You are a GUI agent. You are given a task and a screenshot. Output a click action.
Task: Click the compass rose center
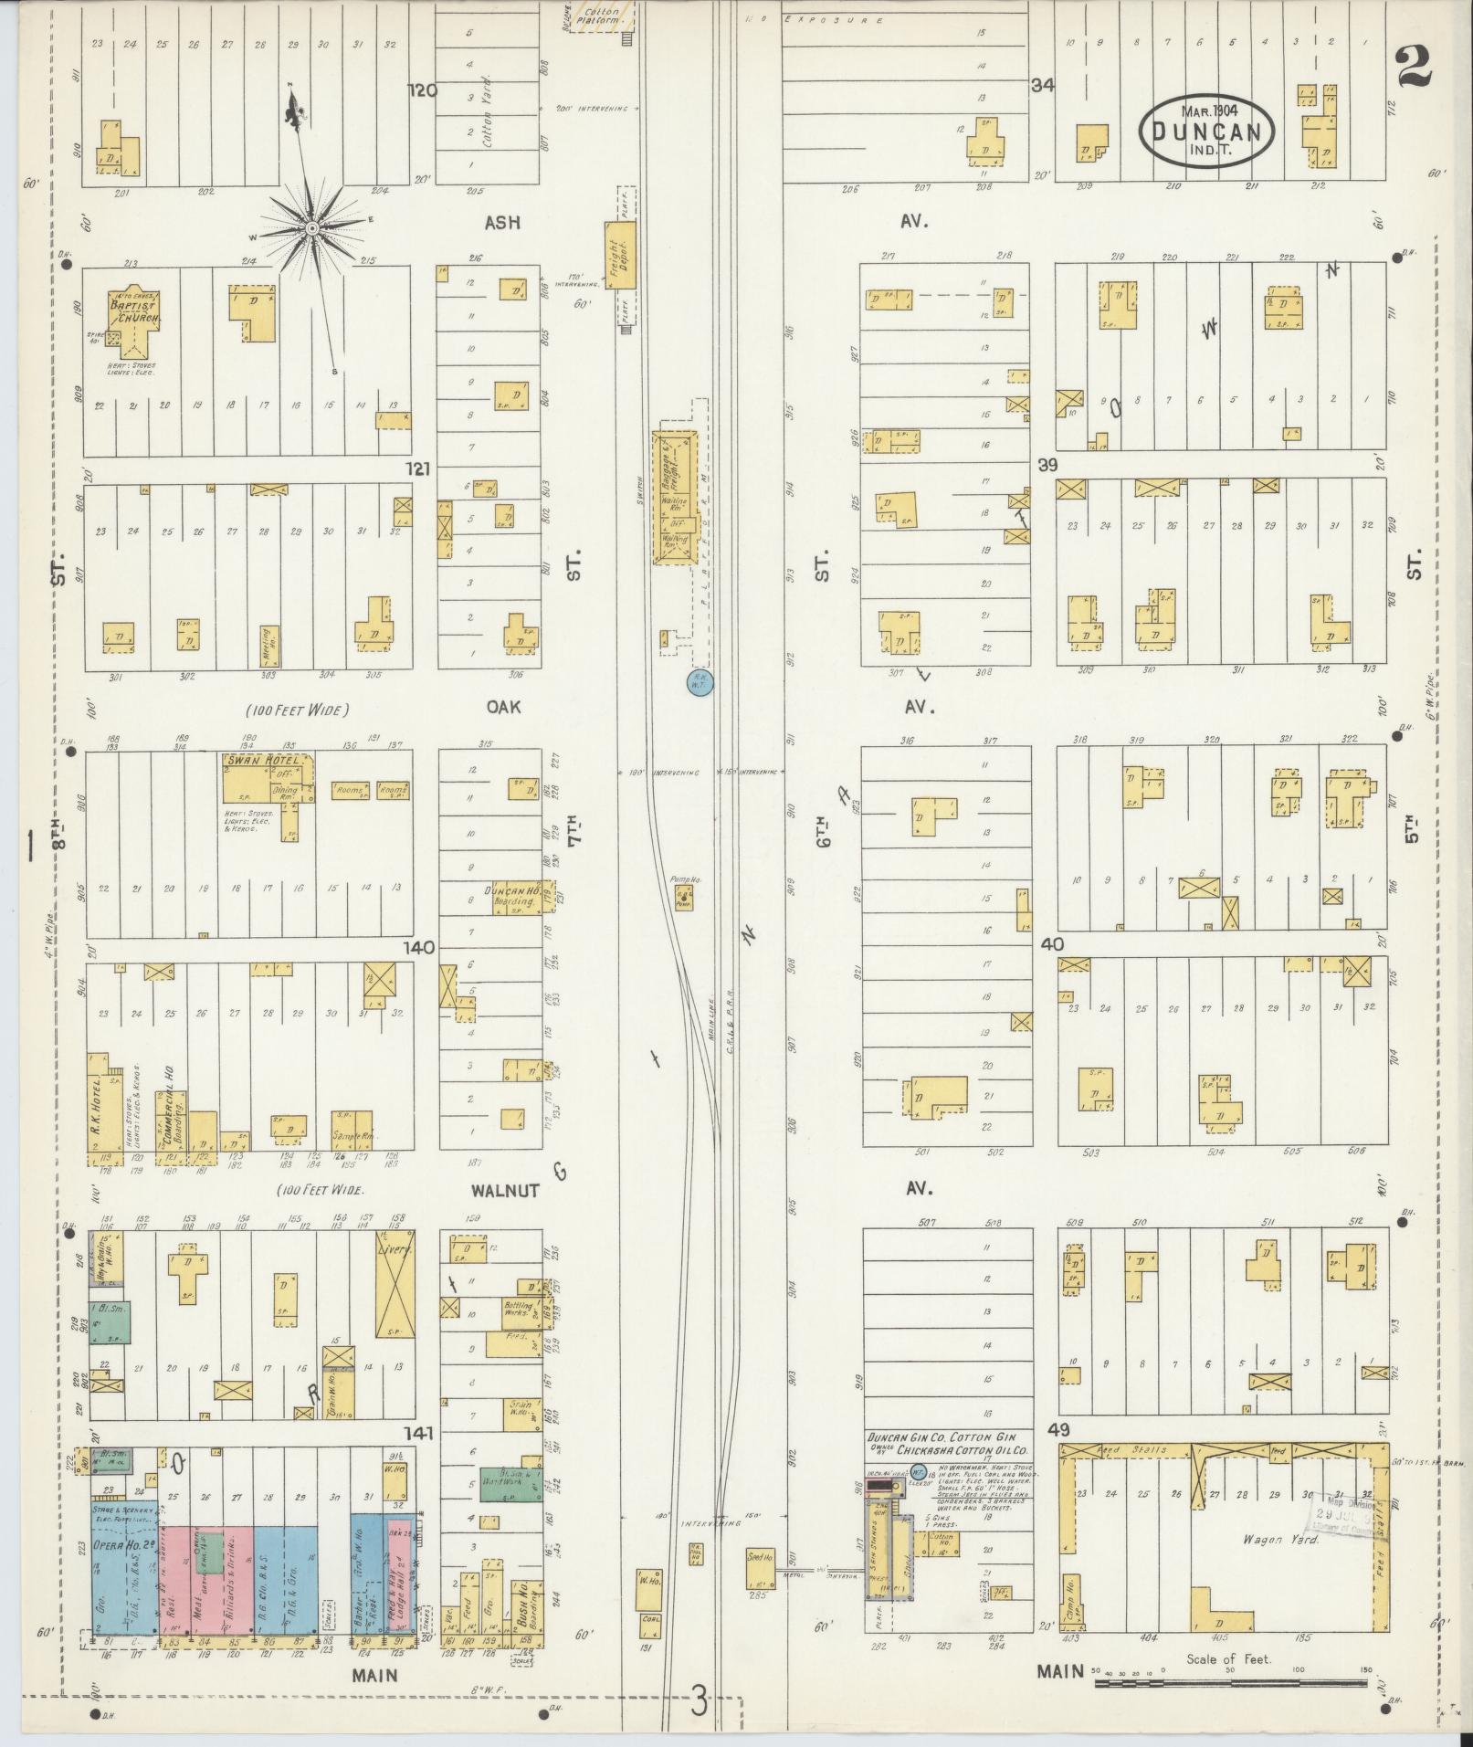tap(311, 226)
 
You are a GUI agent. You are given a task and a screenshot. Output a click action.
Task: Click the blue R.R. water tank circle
tap(699, 681)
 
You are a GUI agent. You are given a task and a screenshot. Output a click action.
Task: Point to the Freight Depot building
tap(617, 253)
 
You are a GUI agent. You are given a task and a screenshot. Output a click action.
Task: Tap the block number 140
tap(420, 948)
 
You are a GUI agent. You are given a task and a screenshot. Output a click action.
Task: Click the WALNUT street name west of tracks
tap(505, 1191)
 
